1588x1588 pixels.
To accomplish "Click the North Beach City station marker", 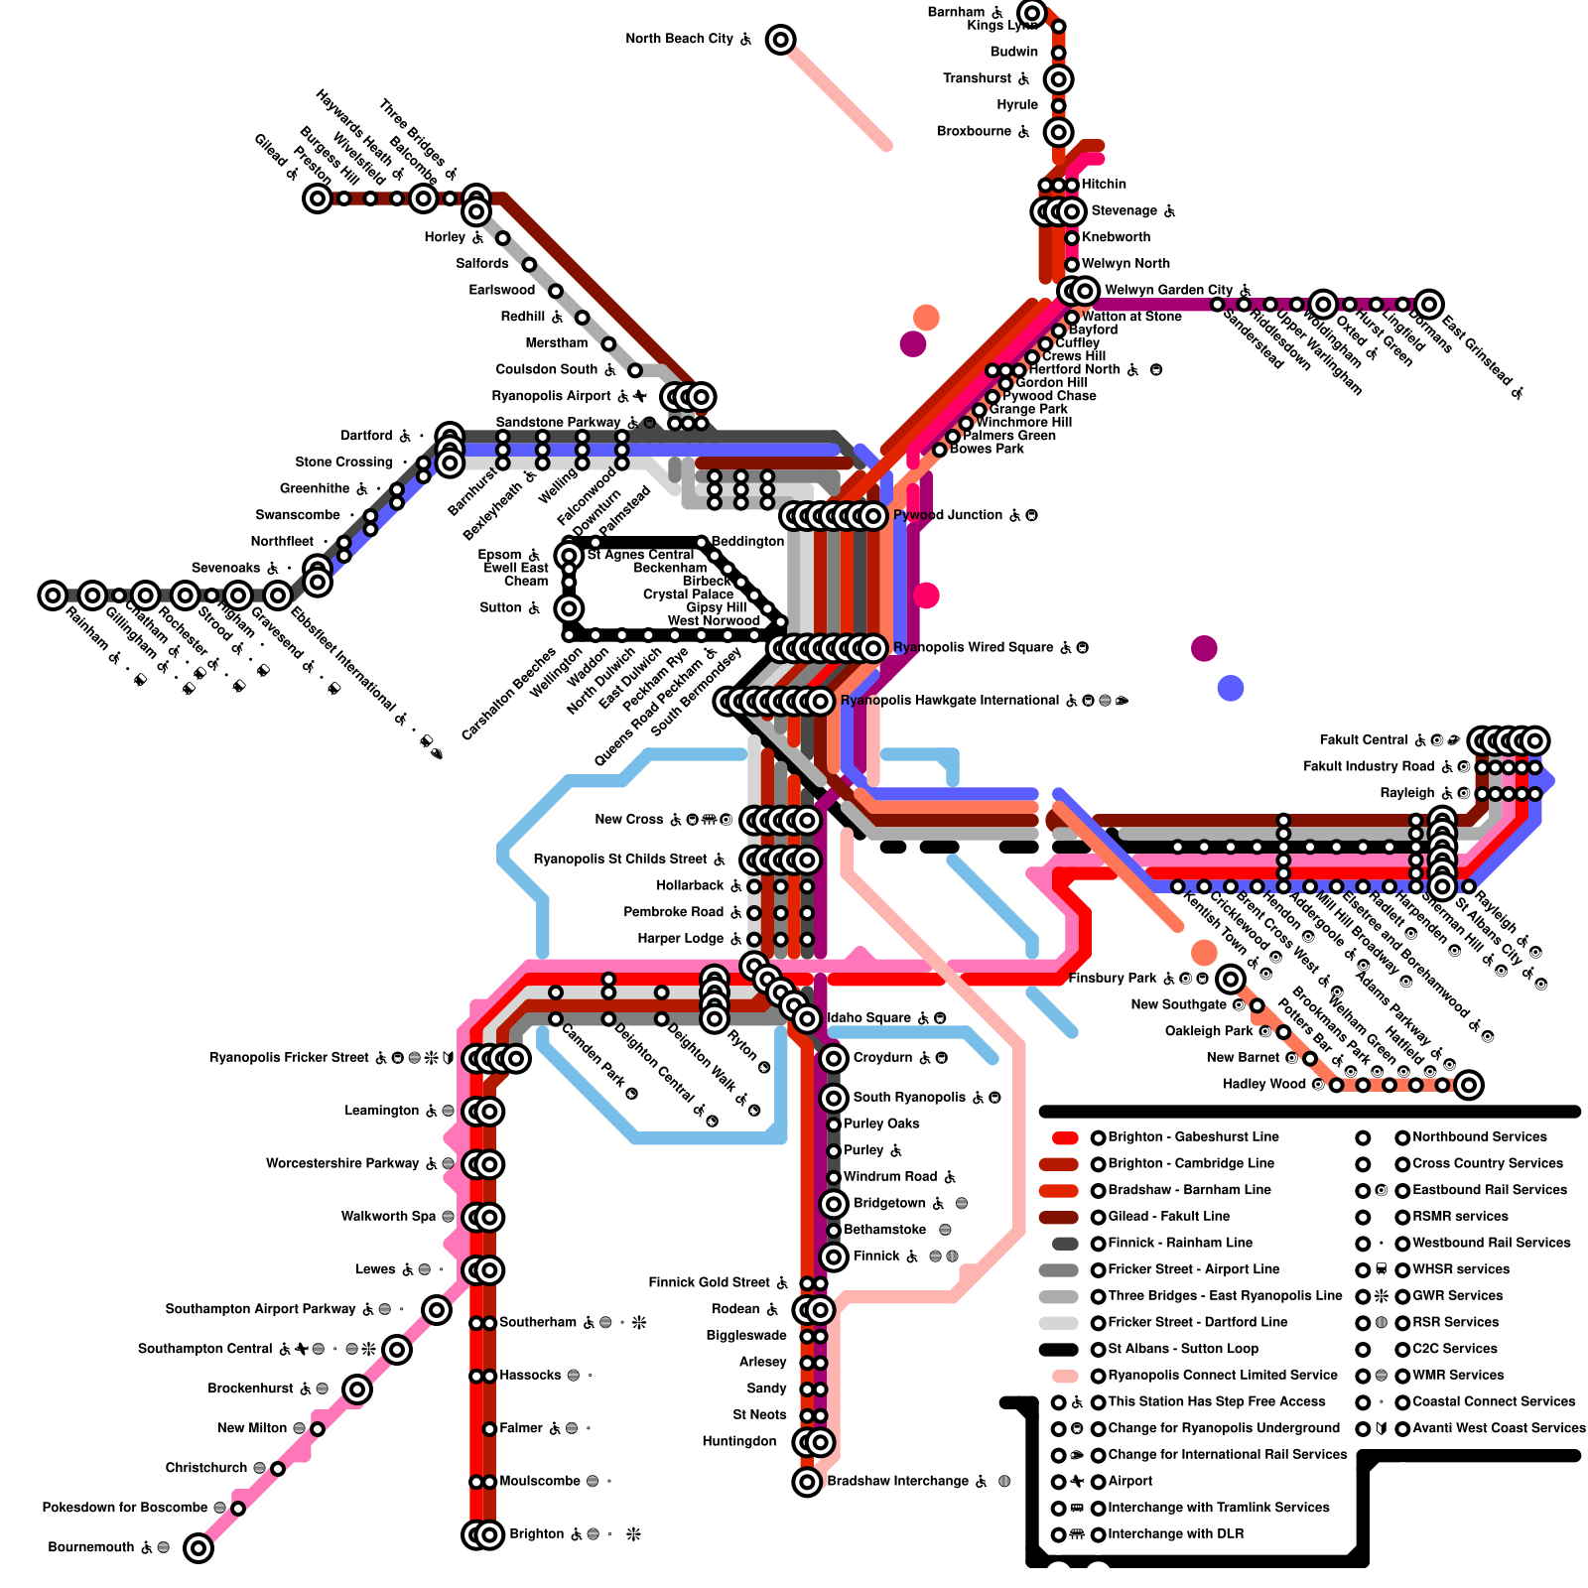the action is pyautogui.click(x=781, y=40).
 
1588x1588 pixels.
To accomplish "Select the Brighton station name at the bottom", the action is pyautogui.click(x=536, y=1534).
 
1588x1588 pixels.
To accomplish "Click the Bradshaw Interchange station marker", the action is pyautogui.click(x=807, y=1482).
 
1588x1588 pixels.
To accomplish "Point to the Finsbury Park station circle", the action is pyautogui.click(x=1231, y=980).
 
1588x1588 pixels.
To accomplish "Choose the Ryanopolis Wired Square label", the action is pyautogui.click(x=974, y=648).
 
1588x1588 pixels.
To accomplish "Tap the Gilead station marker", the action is pyautogui.click(x=318, y=198).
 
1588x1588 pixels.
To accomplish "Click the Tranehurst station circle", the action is pyautogui.click(x=1059, y=78).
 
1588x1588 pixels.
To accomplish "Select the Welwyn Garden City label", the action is pyautogui.click(x=1168, y=290).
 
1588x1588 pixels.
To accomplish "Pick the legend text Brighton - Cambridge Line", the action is pyautogui.click(x=1191, y=1163).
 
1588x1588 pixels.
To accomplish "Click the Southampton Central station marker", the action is pyautogui.click(x=397, y=1349).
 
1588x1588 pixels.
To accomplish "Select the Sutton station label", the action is pyautogui.click(x=500, y=607).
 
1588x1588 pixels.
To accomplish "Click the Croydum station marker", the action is pyautogui.click(x=834, y=1059).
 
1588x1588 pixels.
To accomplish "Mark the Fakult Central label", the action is pyautogui.click(x=1363, y=740).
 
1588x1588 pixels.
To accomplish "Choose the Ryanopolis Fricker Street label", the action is pyautogui.click(x=289, y=1058).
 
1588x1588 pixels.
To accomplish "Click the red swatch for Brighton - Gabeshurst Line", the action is pyautogui.click(x=1065, y=1137).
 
